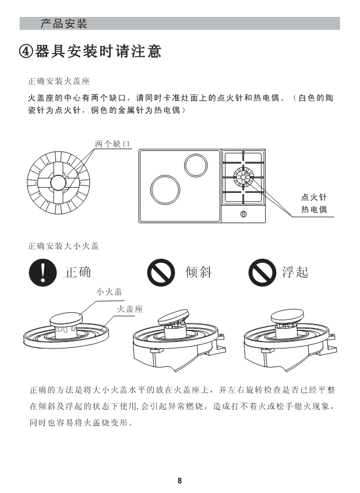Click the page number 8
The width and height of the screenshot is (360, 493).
coord(179,480)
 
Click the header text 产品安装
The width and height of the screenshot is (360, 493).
coord(64,23)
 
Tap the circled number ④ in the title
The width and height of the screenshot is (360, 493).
coord(26,51)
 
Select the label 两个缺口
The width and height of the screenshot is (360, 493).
coord(112,144)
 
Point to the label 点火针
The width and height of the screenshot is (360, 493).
coord(314,197)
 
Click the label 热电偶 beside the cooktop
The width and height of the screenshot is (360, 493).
coord(314,209)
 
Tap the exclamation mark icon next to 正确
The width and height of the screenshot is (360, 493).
coord(43,272)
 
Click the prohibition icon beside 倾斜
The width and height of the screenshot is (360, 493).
coord(161,272)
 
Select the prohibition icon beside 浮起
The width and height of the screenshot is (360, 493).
coord(262,272)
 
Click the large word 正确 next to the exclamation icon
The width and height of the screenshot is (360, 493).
coord(78,272)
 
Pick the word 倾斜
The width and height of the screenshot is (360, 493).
coord(199,272)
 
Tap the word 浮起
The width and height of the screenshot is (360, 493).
coord(295,272)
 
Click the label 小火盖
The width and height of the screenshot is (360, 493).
coord(109,292)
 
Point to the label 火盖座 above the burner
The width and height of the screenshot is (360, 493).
coord(130,309)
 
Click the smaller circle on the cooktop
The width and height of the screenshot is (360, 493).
coord(196,165)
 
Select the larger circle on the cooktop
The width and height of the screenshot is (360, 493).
coord(165,190)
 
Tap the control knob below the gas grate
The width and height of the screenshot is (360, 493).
coord(243,214)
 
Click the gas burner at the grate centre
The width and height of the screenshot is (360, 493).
coord(243,177)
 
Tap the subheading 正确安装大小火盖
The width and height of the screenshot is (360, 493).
coord(63,245)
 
